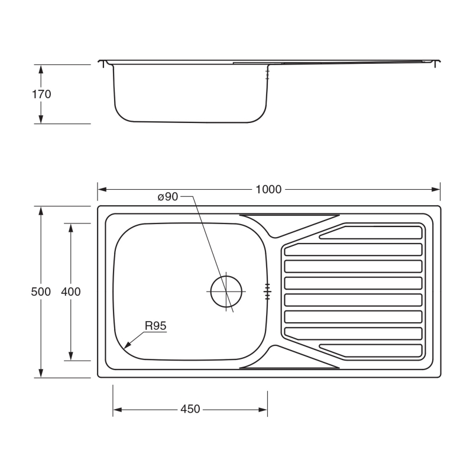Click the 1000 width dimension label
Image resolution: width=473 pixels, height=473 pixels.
pos(268,190)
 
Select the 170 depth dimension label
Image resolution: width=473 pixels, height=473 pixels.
pos(41,94)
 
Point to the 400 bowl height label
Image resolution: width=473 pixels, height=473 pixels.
pos(71,291)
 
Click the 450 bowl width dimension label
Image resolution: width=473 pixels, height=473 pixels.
pos(190,409)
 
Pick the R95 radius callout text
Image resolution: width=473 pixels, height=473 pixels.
pos(155,326)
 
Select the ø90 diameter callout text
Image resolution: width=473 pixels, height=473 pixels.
pos(168,197)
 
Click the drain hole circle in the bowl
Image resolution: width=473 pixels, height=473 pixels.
pos(227,291)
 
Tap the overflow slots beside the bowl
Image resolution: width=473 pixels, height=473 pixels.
pos(267,291)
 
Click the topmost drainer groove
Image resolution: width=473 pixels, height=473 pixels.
pos(372,232)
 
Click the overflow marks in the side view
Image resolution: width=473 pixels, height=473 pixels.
pos(268,74)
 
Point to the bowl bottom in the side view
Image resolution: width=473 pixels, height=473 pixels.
pos(189,121)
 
